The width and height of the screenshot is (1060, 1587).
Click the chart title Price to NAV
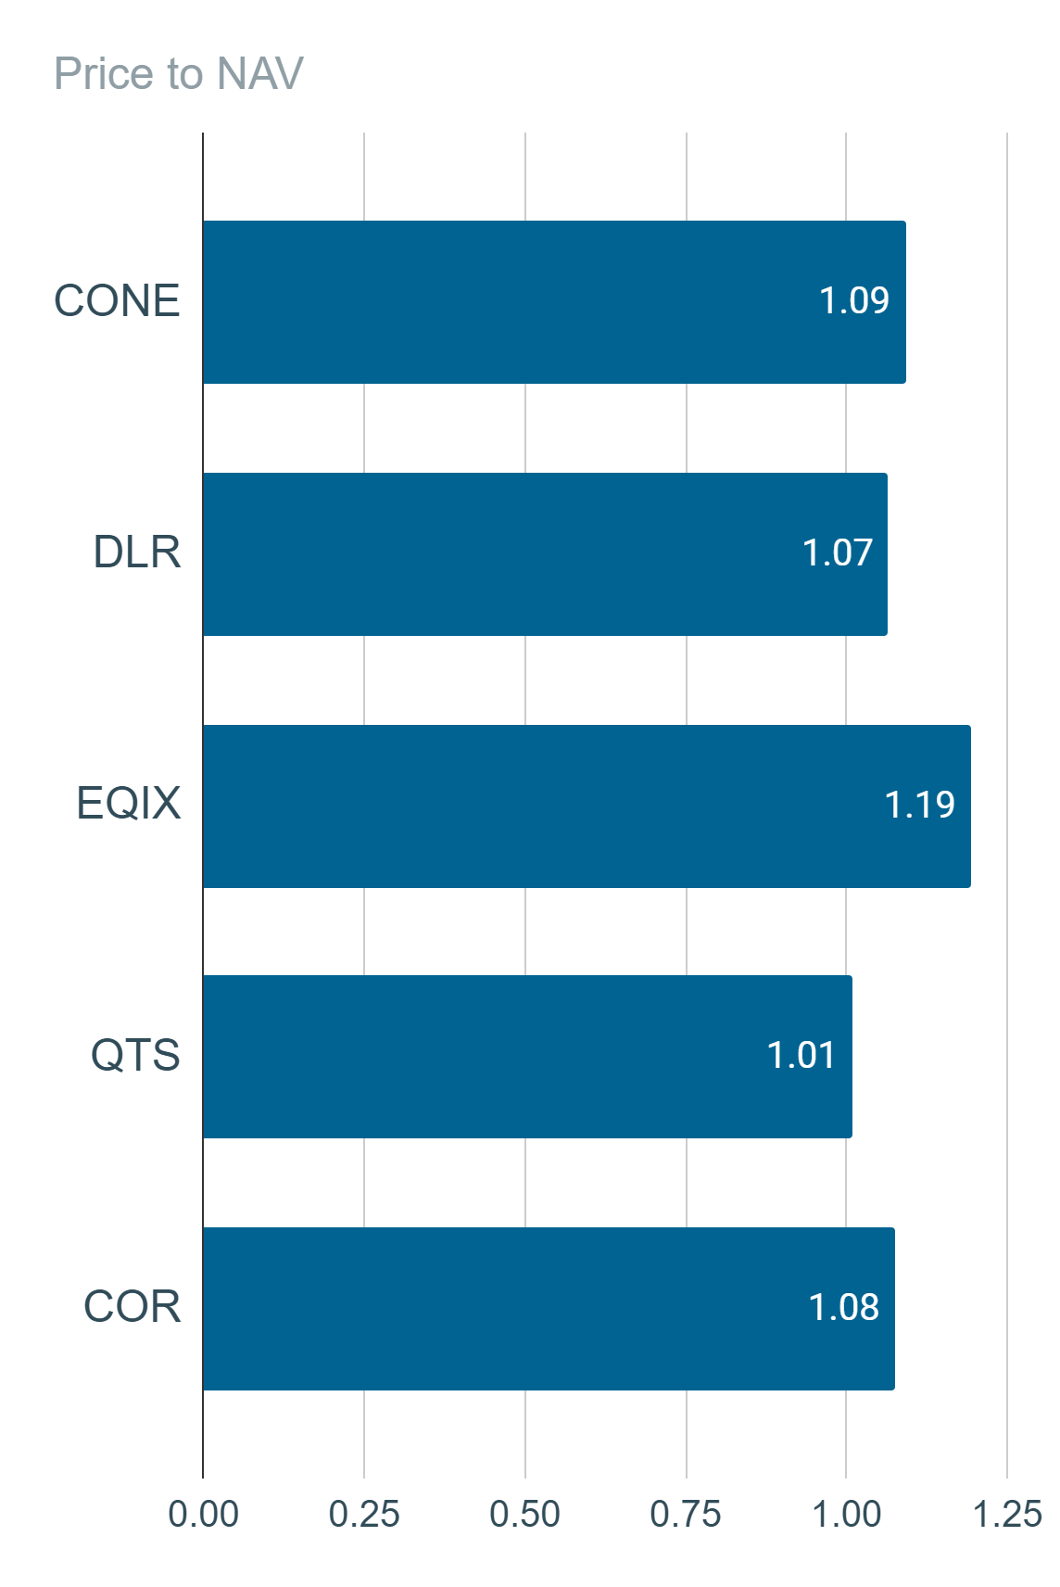(179, 73)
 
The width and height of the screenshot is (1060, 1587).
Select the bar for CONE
(554, 302)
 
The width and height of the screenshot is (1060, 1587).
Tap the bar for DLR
(545, 554)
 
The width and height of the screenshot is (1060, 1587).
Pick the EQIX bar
(587, 806)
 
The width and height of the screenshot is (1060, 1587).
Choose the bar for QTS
(527, 1057)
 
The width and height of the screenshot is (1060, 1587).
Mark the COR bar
(549, 1309)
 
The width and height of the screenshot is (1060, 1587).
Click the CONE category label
(117, 300)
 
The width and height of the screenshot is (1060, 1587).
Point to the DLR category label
(136, 552)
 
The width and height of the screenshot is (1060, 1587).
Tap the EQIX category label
(128, 804)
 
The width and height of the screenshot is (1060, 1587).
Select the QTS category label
(135, 1055)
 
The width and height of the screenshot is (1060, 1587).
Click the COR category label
(132, 1306)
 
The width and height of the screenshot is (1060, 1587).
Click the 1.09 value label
(854, 300)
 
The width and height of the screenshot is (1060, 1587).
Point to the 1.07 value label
(837, 552)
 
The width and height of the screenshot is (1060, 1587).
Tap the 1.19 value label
(920, 805)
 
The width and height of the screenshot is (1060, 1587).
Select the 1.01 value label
(801, 1055)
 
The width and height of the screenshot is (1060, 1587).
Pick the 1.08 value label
(843, 1307)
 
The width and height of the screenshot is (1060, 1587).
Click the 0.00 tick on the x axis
(203, 1515)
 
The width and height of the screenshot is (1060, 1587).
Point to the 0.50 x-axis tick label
(524, 1515)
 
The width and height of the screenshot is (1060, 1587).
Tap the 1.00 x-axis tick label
(846, 1515)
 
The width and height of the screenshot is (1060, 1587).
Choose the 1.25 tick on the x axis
(1007, 1515)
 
